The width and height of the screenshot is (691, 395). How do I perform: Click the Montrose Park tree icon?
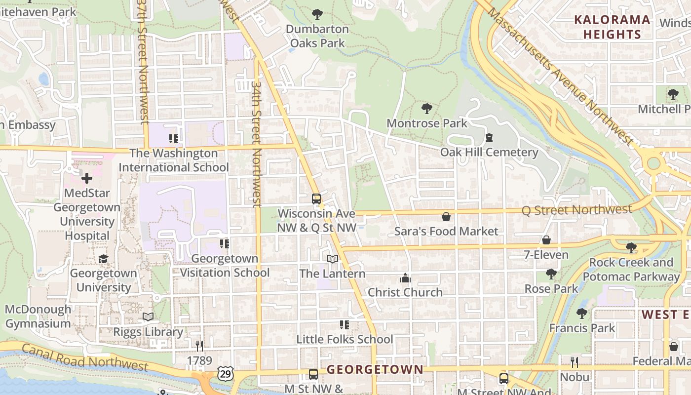click(x=427, y=109)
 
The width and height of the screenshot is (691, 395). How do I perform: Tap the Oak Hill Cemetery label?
click(x=489, y=152)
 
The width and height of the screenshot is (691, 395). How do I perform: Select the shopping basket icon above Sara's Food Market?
click(x=446, y=217)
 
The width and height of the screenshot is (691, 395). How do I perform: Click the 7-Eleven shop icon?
click(x=546, y=240)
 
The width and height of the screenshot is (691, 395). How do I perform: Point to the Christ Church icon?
click(x=405, y=278)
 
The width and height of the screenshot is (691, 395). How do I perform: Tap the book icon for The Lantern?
click(x=333, y=259)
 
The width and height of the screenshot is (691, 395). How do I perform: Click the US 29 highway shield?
click(x=225, y=374)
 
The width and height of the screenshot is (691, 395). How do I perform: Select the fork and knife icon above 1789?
click(x=199, y=346)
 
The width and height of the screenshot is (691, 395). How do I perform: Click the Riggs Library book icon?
click(x=148, y=317)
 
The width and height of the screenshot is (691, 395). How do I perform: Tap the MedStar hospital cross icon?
click(x=87, y=178)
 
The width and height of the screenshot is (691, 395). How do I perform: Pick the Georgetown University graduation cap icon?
click(x=103, y=259)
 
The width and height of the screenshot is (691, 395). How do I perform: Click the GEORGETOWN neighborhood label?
click(x=375, y=369)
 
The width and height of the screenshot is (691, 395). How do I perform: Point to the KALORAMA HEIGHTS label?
click(x=612, y=27)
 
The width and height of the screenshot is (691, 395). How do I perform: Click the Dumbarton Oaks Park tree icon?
click(x=317, y=14)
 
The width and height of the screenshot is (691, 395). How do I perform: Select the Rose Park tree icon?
click(x=551, y=274)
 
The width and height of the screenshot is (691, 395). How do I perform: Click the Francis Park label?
click(x=582, y=328)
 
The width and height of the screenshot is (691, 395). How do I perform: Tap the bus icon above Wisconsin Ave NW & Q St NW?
click(x=316, y=199)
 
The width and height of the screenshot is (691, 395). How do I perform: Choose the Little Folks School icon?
click(x=345, y=325)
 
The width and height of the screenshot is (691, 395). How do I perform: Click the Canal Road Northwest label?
click(x=85, y=358)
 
